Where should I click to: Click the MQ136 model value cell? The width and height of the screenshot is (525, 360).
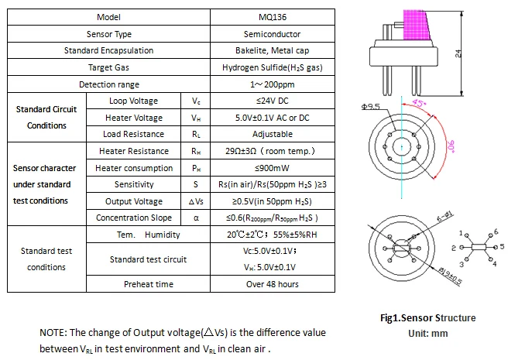tap(273, 17)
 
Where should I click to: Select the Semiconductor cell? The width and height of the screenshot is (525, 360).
tap(273, 34)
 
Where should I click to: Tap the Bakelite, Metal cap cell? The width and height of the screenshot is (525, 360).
tap(273, 50)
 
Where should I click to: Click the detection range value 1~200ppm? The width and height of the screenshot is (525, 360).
tap(273, 84)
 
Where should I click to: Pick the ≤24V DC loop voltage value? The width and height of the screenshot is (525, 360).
tap(273, 101)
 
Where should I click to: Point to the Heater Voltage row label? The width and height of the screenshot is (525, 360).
tap(134, 118)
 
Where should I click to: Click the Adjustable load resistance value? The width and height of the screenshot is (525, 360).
tap(273, 134)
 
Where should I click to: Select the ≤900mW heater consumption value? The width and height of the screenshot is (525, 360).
tap(273, 168)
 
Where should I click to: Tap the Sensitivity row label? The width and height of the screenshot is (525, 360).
tap(134, 184)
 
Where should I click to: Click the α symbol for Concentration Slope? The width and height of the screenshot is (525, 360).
tap(196, 218)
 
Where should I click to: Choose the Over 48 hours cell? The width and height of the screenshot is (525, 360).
tap(273, 284)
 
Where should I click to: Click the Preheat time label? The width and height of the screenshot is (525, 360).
tap(149, 284)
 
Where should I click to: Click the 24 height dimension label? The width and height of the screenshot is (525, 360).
tap(458, 53)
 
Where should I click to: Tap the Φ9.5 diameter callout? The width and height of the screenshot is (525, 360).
tap(371, 107)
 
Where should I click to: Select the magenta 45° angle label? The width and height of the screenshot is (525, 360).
tap(418, 102)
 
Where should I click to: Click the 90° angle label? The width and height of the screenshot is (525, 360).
tap(451, 146)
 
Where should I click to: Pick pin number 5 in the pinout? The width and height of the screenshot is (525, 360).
tap(502, 246)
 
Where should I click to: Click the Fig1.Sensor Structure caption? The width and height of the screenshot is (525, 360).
tap(428, 317)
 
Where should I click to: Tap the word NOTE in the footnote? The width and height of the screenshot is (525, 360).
tap(53, 333)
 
